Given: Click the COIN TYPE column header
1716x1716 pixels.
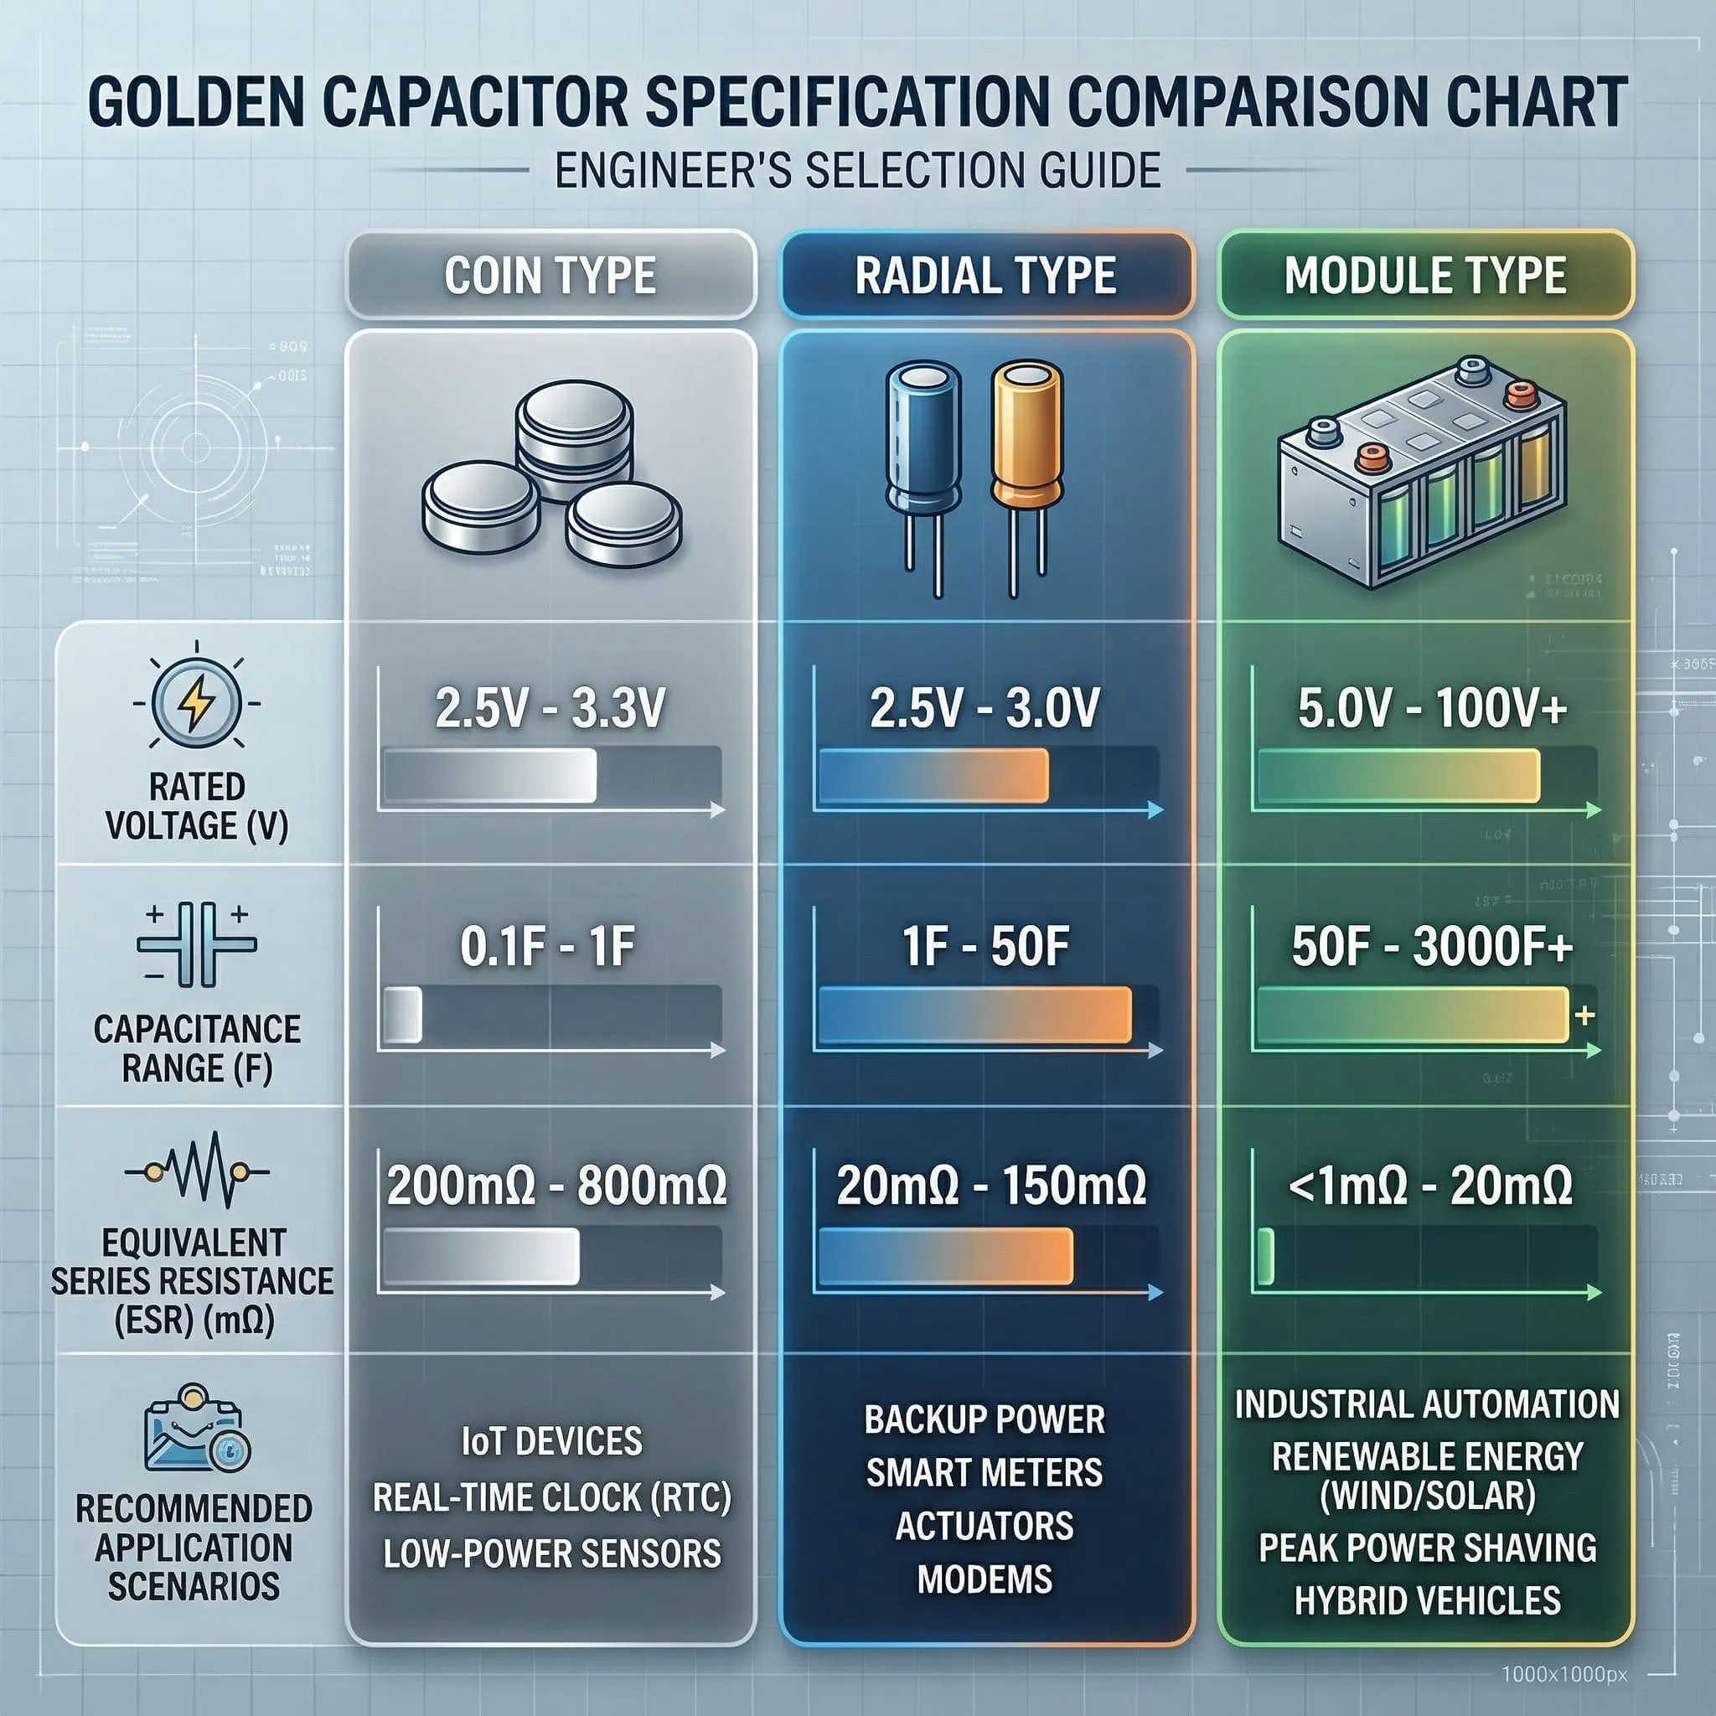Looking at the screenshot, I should click(550, 276).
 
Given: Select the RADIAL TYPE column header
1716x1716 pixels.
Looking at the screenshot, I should click(985, 276).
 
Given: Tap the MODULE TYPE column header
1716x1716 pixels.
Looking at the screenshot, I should click(1424, 276).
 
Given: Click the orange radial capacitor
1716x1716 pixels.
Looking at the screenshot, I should click(1026, 435).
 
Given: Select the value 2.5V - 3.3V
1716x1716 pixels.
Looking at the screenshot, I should click(550, 709).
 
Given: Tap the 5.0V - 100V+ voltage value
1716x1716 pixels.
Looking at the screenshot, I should click(1431, 709).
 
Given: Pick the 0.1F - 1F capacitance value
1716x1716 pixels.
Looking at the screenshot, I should click(547, 947).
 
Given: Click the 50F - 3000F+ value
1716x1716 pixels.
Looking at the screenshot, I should click(1431, 947).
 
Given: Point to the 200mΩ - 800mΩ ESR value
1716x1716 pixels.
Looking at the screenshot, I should click(556, 1186).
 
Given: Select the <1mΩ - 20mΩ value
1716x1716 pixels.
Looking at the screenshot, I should click(1429, 1186).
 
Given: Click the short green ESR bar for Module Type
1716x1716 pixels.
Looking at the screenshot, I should click(1266, 1256).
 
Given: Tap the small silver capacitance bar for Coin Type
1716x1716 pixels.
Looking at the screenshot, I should click(401, 1015).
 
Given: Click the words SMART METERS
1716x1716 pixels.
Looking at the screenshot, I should click(985, 1473).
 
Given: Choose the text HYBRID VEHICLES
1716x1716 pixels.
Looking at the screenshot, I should click(1427, 1600).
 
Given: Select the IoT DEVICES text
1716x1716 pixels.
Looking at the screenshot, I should click(551, 1440).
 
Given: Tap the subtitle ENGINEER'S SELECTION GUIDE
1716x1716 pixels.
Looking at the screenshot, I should click(857, 171).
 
